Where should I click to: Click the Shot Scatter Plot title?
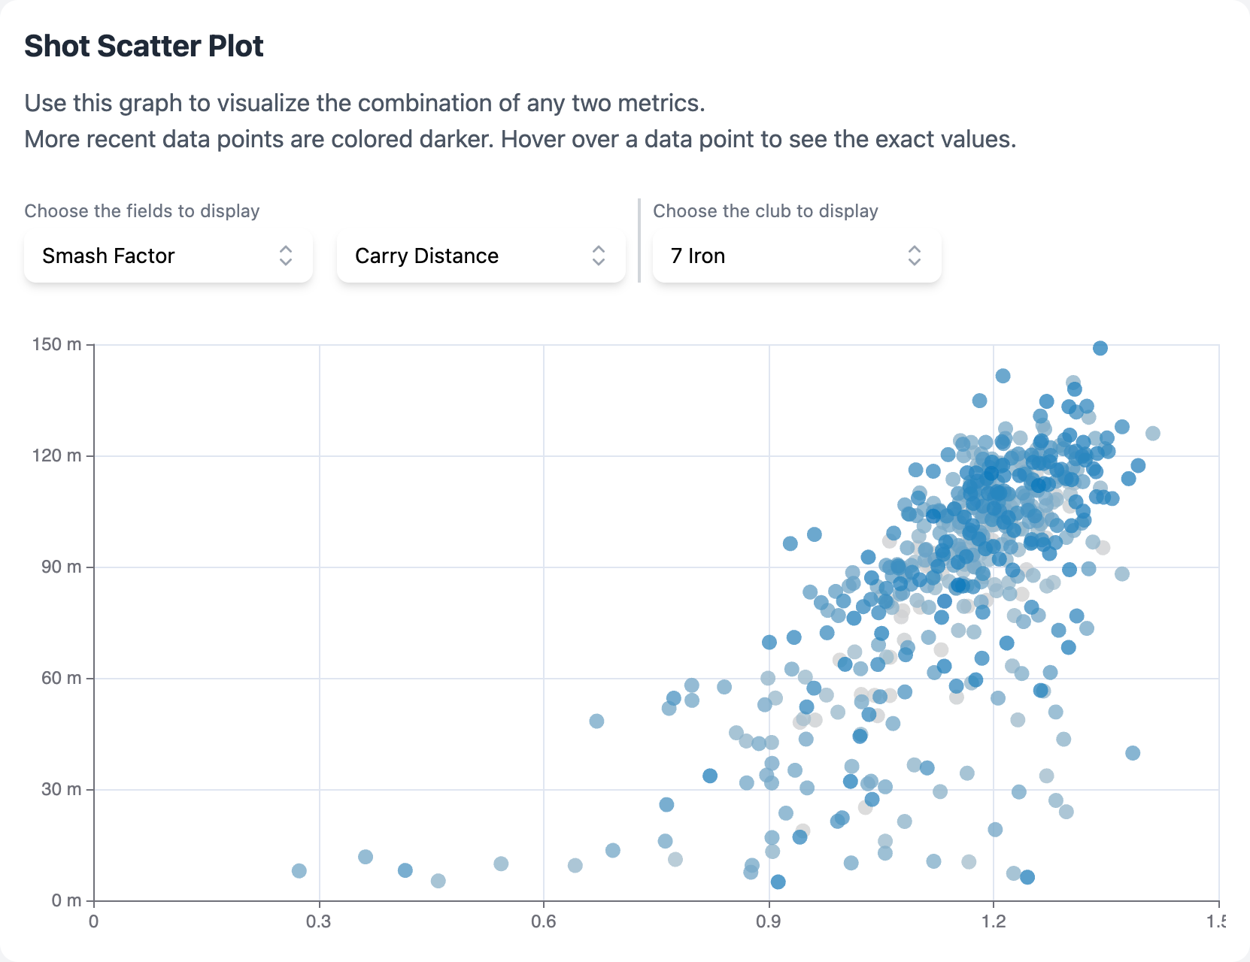coord(144,46)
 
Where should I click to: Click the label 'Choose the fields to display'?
coord(142,211)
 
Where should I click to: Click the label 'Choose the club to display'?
coord(765,211)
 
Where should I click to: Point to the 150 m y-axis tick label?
coord(56,344)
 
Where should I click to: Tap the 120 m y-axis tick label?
coord(56,455)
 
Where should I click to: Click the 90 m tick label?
coord(61,567)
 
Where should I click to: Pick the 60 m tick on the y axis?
coord(61,678)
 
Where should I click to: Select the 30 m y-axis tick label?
coord(61,789)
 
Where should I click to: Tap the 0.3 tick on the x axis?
coord(318,921)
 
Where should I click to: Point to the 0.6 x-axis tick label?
coord(543,921)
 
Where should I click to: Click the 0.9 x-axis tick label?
coord(768,921)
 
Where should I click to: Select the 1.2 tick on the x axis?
coord(993,921)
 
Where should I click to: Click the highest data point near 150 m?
coord(1100,348)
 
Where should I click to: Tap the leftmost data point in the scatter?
coord(299,870)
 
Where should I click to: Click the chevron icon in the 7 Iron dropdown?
coord(914,256)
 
